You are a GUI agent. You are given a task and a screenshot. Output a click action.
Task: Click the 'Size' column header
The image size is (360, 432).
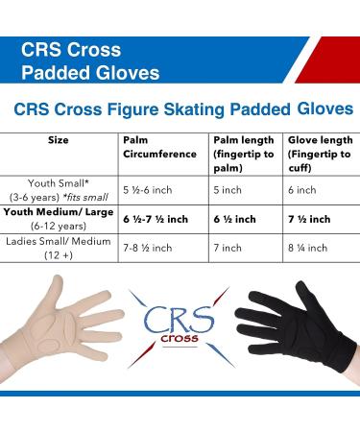58,140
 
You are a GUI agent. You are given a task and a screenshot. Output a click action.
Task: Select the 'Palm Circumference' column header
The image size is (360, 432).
153,147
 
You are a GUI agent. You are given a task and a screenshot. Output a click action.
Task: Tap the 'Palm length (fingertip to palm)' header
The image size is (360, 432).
241,147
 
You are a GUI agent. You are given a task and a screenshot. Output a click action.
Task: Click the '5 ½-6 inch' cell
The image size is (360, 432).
147,190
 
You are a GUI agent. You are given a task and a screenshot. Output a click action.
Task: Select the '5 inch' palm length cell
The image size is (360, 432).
227,190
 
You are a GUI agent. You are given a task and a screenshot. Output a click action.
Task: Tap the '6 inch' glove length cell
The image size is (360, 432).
302,190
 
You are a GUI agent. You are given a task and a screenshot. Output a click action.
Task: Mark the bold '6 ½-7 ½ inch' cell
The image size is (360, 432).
157,220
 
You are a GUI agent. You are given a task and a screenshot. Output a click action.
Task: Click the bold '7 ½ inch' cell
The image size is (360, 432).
309,220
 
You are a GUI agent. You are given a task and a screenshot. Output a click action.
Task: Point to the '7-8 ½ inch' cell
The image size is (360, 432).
148,248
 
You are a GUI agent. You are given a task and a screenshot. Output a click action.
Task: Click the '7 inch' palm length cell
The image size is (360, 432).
227,248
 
